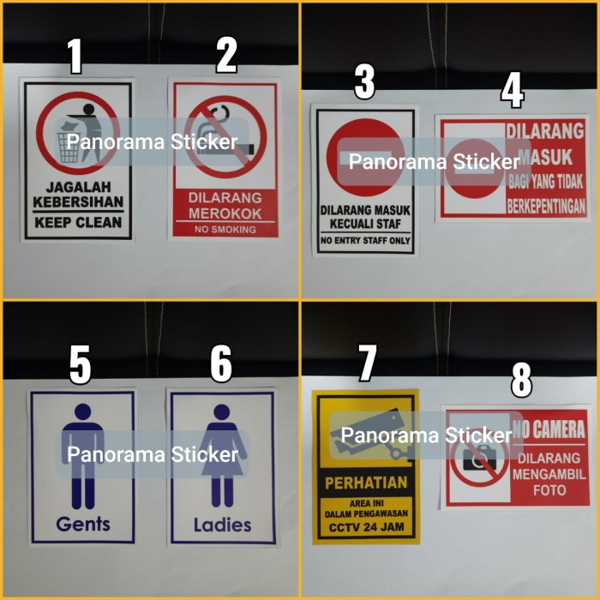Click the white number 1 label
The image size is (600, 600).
pyautogui.click(x=75, y=57)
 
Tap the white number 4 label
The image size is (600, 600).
pyautogui.click(x=513, y=91)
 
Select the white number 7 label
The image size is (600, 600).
pyautogui.click(x=368, y=363)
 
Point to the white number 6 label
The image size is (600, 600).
pyautogui.click(x=221, y=363)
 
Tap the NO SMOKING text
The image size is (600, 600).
pyautogui.click(x=225, y=230)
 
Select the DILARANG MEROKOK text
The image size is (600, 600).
pyautogui.click(x=225, y=205)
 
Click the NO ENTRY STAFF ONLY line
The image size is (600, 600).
pyautogui.click(x=365, y=241)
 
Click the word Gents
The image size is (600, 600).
pyautogui.click(x=83, y=523)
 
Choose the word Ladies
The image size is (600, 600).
pyautogui.click(x=222, y=524)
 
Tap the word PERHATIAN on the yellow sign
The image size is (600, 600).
pyautogui.click(x=365, y=483)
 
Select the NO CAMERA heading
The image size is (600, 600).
pyautogui.click(x=549, y=429)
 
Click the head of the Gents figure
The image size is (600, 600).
pyautogui.click(x=83, y=412)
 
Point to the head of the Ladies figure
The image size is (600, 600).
pyautogui.click(x=222, y=412)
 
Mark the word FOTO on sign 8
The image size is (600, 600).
pyautogui.click(x=549, y=490)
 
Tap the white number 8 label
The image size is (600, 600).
pyautogui.click(x=521, y=381)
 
